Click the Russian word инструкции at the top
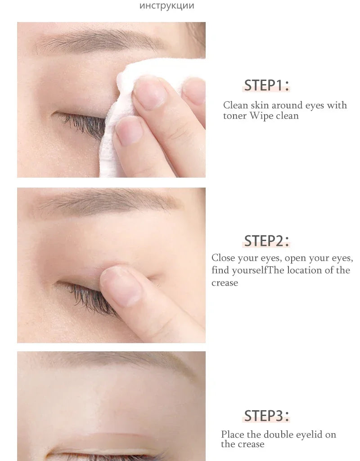coord(167,6)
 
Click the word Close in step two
coord(223,258)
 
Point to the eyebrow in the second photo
coord(108,202)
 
